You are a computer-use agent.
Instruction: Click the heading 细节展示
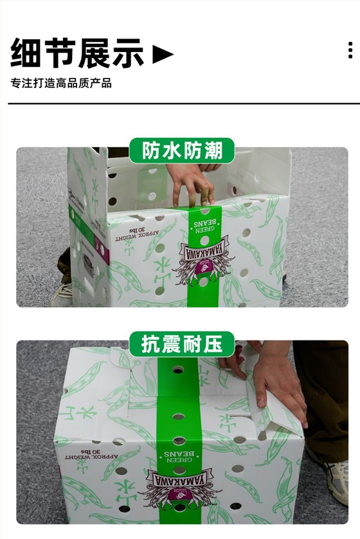point(77,53)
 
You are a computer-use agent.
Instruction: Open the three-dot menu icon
point(350,50)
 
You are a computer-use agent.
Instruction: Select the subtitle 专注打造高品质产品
point(61,84)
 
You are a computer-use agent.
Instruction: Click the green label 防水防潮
point(182,151)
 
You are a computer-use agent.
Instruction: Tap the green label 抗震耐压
point(182,344)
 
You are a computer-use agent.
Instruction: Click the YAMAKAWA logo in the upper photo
point(204,258)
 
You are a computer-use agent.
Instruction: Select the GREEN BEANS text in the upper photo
point(204,221)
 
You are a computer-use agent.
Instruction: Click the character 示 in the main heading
point(128,53)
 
